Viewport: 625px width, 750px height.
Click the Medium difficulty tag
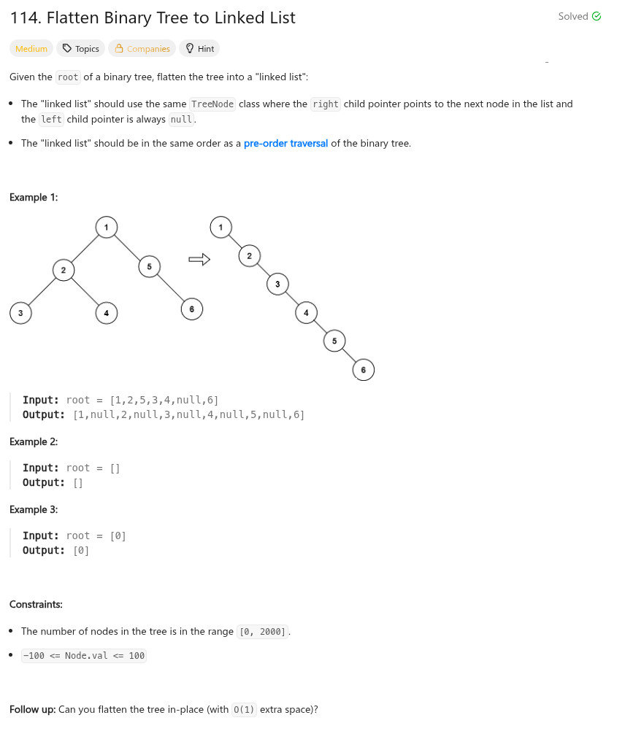[x=31, y=49]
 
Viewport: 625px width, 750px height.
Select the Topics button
[x=80, y=49]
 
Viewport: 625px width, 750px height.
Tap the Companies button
[x=142, y=49]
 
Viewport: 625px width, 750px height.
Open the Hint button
[x=199, y=49]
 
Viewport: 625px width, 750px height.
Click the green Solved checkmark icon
[x=597, y=17]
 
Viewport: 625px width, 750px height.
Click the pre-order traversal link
[x=285, y=143]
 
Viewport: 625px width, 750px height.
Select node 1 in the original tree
[x=107, y=227]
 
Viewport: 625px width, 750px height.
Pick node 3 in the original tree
[x=20, y=313]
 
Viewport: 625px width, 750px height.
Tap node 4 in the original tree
[x=107, y=313]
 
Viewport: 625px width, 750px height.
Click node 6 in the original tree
[x=191, y=309]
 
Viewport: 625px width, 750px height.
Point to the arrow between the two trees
[x=199, y=259]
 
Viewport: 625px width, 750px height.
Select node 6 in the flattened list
[x=363, y=370]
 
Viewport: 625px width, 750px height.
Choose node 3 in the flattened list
[x=277, y=284]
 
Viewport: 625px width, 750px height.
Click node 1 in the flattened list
[x=221, y=227]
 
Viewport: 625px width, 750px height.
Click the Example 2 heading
[x=34, y=441]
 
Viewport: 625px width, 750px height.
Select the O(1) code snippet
[x=244, y=709]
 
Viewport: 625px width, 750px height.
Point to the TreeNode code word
[x=212, y=104]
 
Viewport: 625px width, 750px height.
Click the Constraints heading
[x=36, y=604]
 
